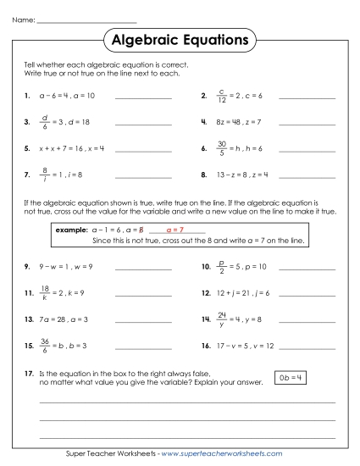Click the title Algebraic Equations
point(180,40)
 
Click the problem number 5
point(28,148)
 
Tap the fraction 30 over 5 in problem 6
point(222,148)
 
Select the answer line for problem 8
point(306,175)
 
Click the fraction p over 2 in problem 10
point(222,267)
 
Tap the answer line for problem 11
point(141,293)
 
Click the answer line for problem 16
point(306,347)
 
